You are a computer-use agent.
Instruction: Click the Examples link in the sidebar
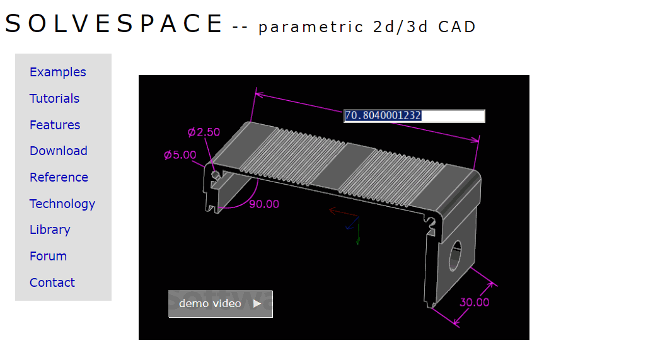click(57, 72)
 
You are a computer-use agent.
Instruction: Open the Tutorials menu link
click(54, 98)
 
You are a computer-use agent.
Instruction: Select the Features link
click(55, 125)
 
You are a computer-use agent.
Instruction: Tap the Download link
click(58, 151)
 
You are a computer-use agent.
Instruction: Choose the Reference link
click(59, 177)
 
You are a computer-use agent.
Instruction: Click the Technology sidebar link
click(62, 204)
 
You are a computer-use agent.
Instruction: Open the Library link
click(50, 229)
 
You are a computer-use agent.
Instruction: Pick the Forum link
click(48, 256)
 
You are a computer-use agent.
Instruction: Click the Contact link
click(52, 282)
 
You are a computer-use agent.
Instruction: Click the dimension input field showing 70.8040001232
click(414, 116)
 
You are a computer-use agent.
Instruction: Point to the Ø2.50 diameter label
click(204, 132)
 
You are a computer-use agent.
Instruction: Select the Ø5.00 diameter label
click(180, 154)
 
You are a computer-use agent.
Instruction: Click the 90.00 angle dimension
click(263, 204)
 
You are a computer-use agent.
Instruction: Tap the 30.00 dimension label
click(474, 302)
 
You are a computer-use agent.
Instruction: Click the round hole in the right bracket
click(455, 253)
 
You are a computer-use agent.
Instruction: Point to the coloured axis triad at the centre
click(350, 222)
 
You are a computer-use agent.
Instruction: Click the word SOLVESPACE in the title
click(114, 24)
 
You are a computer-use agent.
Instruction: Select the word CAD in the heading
click(457, 27)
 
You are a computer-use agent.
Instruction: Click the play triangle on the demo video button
click(257, 304)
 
